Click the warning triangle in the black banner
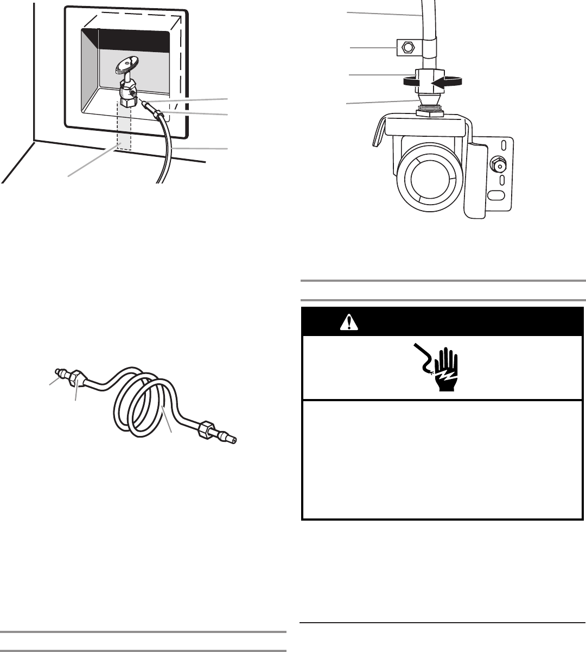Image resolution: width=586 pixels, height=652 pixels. tap(347, 324)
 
